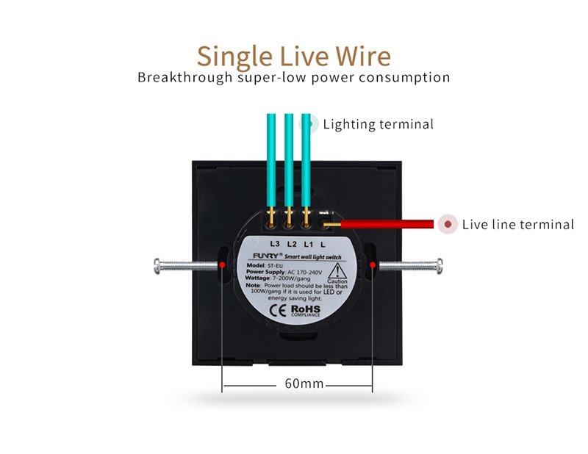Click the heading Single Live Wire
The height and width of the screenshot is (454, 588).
(x=294, y=55)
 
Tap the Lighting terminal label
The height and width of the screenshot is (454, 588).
(x=378, y=124)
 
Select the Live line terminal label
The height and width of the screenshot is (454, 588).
(x=517, y=224)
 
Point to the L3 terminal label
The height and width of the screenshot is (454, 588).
(x=275, y=243)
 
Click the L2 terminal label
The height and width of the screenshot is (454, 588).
(x=292, y=243)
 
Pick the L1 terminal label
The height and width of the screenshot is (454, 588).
(x=309, y=243)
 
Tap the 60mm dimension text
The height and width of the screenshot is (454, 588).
(x=304, y=384)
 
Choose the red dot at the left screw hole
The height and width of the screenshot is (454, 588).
(x=222, y=264)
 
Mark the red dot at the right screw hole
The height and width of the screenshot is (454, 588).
(x=373, y=264)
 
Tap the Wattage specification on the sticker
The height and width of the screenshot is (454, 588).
(x=280, y=279)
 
